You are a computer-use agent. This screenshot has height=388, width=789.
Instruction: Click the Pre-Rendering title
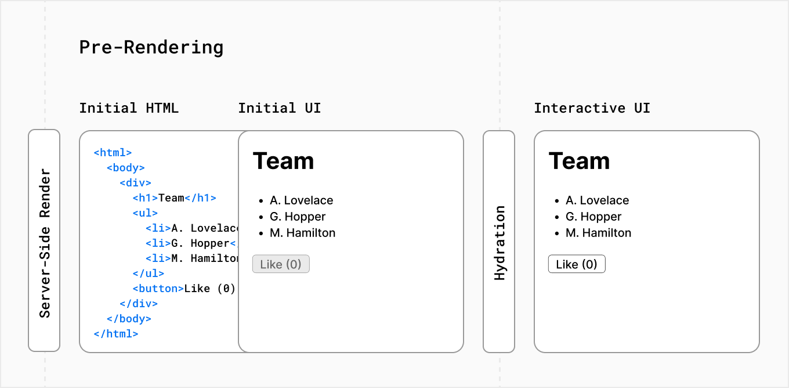click(x=151, y=47)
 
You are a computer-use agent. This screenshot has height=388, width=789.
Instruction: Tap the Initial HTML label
click(x=129, y=108)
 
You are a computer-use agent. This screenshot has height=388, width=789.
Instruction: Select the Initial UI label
click(x=279, y=108)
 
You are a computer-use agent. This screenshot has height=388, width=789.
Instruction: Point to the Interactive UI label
click(x=592, y=108)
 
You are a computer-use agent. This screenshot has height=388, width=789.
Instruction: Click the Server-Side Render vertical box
click(x=44, y=241)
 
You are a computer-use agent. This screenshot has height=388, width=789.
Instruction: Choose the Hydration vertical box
click(x=499, y=241)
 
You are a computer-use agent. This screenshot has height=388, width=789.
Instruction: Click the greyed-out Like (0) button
click(x=281, y=264)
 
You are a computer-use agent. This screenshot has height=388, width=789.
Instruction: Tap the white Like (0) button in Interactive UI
click(x=577, y=264)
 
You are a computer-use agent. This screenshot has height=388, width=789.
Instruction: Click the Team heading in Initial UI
click(x=283, y=161)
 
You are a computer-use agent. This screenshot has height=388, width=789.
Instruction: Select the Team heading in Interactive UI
click(x=579, y=161)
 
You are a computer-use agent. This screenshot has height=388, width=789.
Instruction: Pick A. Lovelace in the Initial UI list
click(x=301, y=200)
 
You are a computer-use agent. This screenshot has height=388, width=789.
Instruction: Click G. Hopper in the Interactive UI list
click(x=593, y=217)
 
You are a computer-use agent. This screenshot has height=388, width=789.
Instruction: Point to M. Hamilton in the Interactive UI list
click(x=598, y=233)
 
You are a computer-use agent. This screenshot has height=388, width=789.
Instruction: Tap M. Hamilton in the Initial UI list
click(x=302, y=233)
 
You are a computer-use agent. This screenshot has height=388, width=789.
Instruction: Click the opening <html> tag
click(x=113, y=153)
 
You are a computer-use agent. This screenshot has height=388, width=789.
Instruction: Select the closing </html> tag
click(x=115, y=334)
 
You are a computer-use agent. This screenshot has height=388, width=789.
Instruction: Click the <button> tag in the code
click(x=158, y=289)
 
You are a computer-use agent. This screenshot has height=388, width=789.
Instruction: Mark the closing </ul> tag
click(x=148, y=274)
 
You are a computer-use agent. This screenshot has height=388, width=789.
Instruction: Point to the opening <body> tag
click(x=125, y=168)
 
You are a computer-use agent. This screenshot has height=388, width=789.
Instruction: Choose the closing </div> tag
click(x=138, y=304)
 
